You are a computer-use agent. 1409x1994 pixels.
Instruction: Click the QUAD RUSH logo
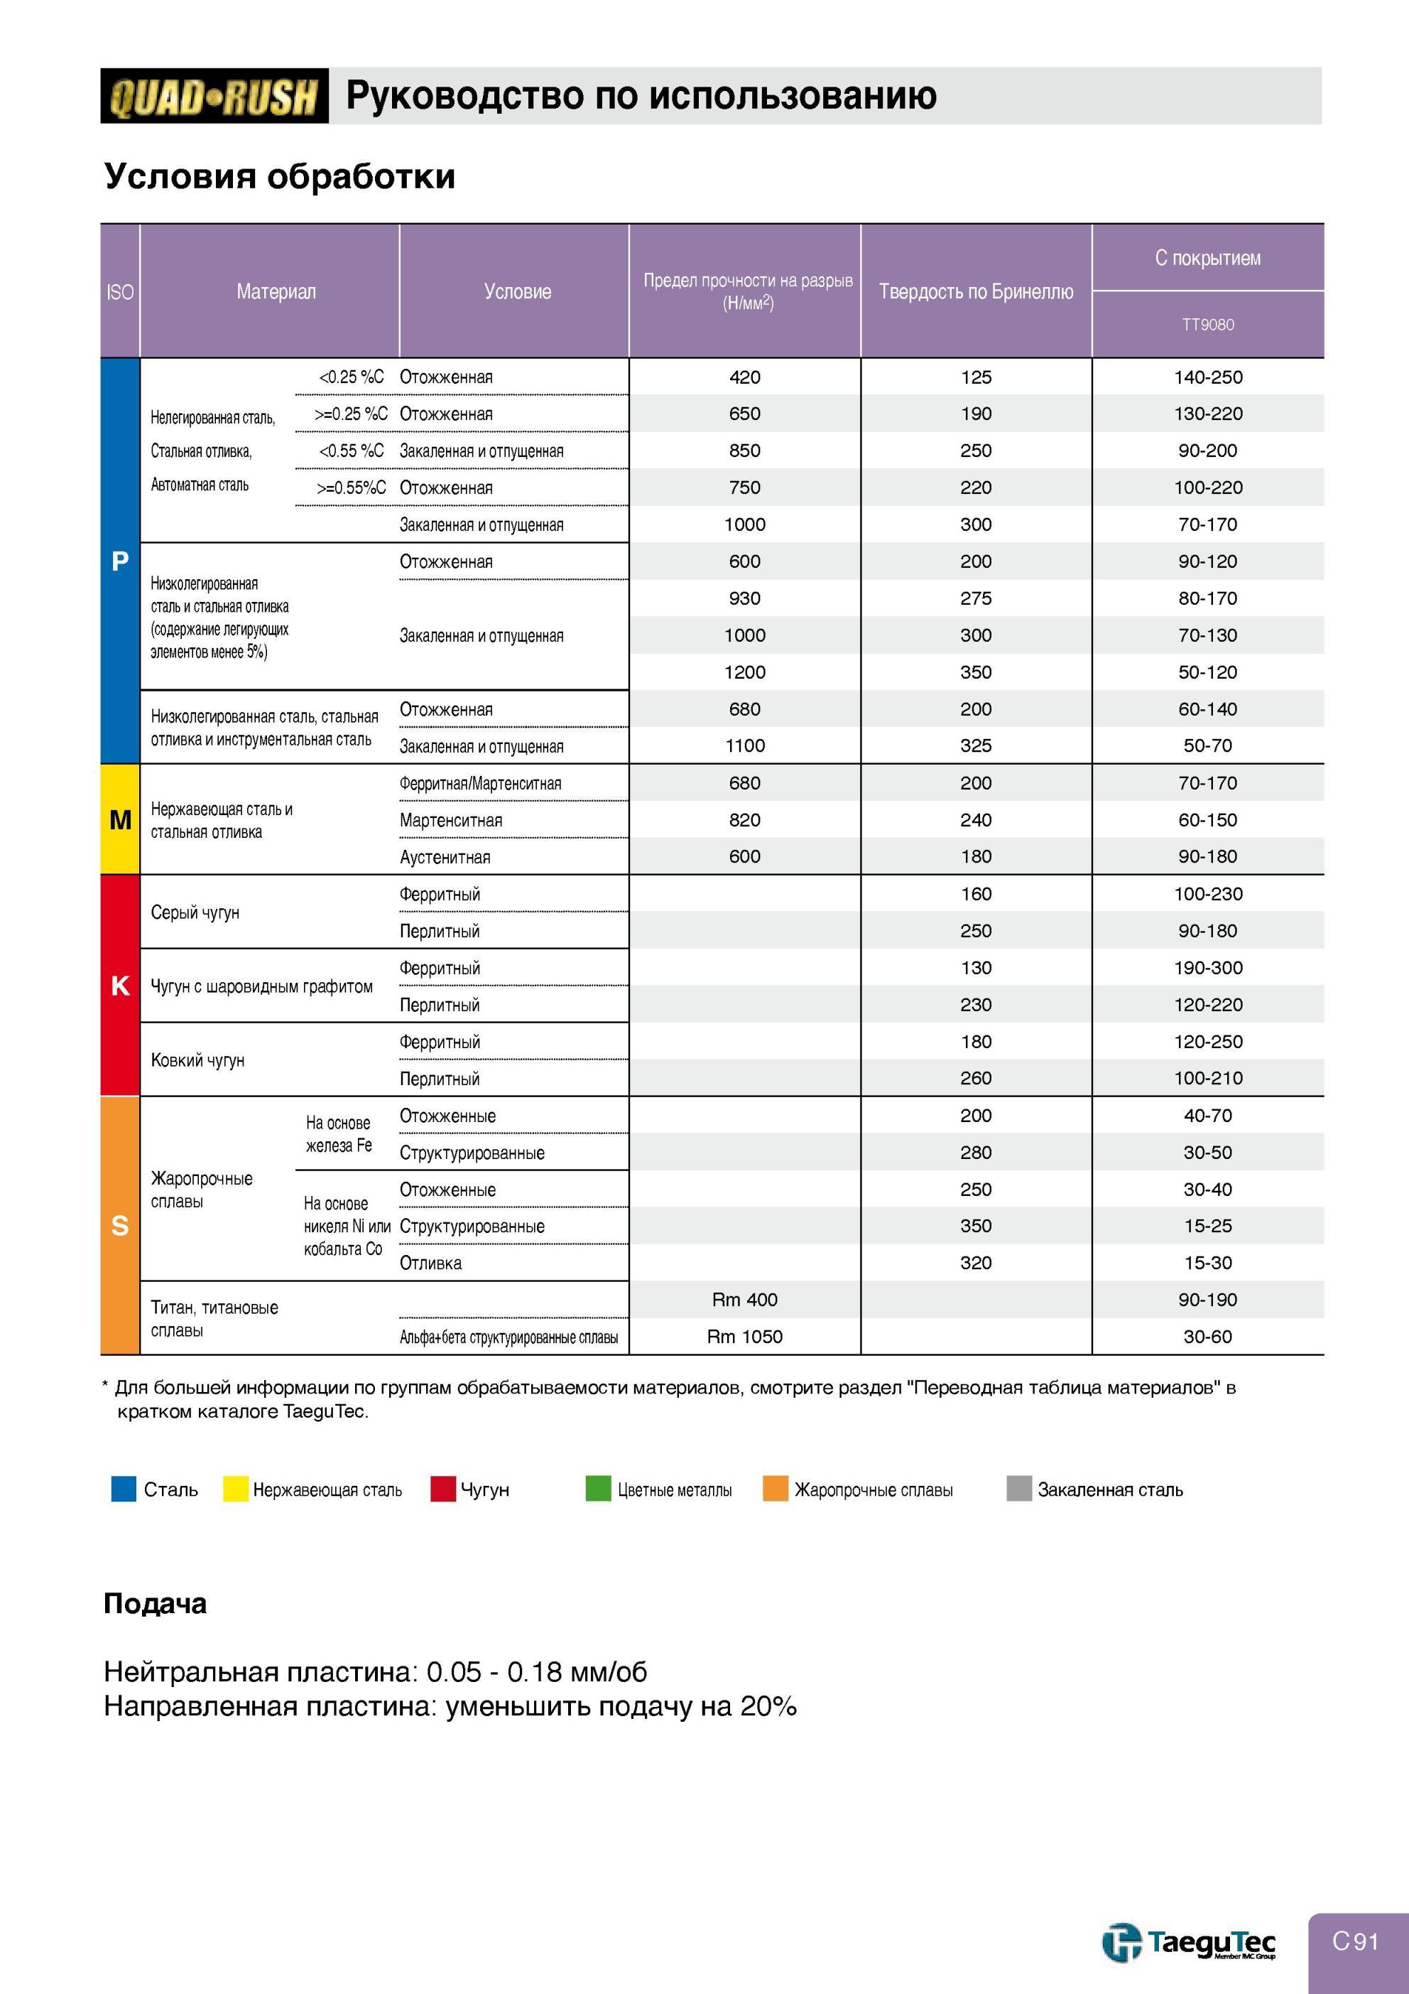pos(214,95)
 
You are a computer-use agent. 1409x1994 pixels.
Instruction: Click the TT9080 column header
pos(1207,325)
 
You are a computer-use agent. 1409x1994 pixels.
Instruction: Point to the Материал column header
pos(276,292)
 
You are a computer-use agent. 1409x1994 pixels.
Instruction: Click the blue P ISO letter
pos(120,562)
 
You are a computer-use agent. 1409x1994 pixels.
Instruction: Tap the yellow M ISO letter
pos(121,820)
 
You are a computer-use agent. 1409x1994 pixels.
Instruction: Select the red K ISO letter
pos(120,986)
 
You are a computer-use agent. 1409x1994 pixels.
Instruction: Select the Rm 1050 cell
pos(745,1337)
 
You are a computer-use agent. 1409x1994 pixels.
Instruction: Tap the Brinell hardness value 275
pos(976,598)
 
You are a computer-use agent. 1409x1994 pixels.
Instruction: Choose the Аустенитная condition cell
pos(445,857)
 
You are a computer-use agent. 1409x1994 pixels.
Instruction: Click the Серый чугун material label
pos(195,912)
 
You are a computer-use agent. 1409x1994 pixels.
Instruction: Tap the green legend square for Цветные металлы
pos(598,1489)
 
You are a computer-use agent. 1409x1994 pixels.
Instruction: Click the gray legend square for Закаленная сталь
pos(1019,1489)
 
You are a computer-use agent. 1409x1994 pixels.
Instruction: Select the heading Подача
pos(156,1604)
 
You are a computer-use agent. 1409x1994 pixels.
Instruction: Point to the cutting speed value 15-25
pos(1207,1227)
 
